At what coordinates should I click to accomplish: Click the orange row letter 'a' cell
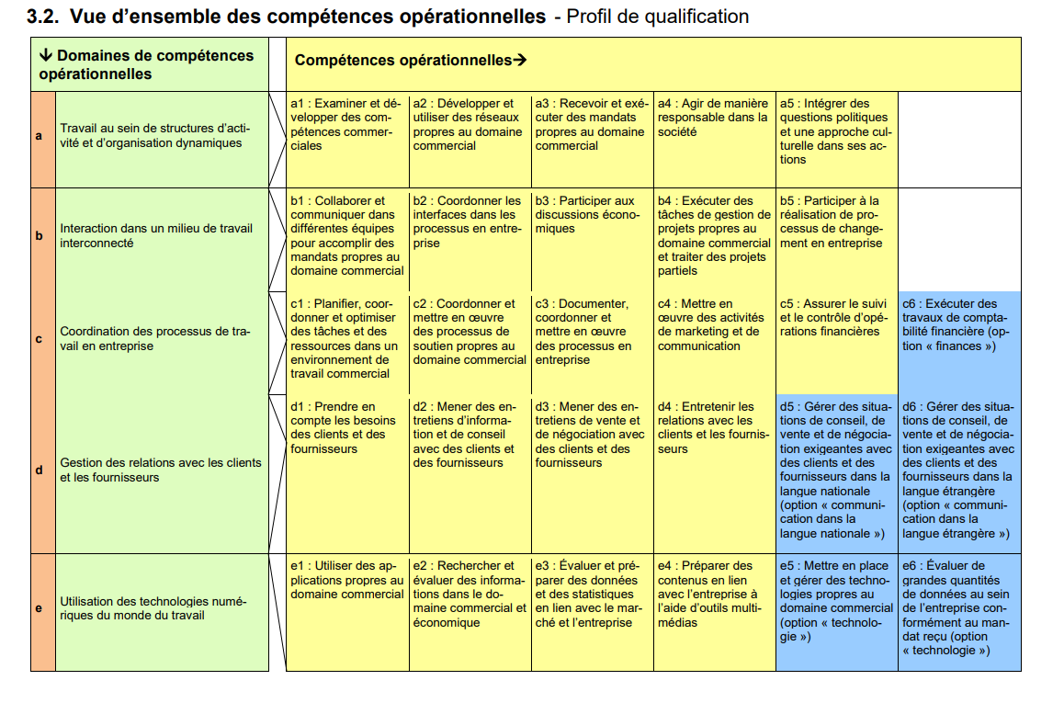click(39, 137)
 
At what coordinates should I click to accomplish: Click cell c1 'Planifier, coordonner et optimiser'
click(347, 338)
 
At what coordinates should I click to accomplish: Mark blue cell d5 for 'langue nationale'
click(836, 469)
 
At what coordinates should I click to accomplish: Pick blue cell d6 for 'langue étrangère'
click(958, 469)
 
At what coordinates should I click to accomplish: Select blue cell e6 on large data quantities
click(958, 607)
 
